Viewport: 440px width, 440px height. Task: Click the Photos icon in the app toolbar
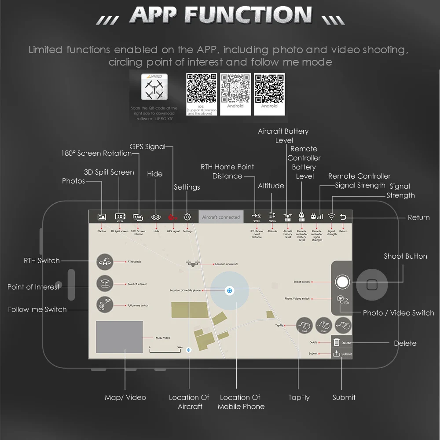102,217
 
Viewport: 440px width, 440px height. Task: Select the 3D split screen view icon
120,217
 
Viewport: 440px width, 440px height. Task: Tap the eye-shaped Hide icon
156,217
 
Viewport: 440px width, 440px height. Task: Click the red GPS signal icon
173,217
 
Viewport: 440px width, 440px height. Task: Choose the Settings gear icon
187,217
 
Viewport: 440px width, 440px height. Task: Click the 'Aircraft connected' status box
221,217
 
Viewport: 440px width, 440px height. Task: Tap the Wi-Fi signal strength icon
332,217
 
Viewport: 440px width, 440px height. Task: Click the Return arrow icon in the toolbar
344,217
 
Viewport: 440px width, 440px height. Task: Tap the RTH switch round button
105,262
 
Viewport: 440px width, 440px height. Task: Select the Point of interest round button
105,284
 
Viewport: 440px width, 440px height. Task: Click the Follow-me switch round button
105,305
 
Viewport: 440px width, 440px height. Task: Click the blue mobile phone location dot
230,290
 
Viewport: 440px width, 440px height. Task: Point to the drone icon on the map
192,264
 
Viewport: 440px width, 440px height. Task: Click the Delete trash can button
337,342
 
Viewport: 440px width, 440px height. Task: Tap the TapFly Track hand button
304,326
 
